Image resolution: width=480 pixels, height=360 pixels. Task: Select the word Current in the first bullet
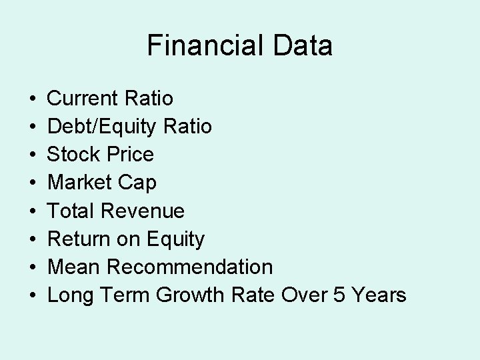(x=83, y=99)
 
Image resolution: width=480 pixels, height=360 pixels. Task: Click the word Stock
(x=73, y=155)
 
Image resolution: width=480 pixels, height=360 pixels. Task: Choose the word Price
(x=129, y=155)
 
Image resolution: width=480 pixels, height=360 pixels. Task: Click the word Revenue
(x=143, y=211)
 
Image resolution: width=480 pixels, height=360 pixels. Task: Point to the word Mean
(x=74, y=267)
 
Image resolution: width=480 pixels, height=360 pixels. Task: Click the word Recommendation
(x=189, y=267)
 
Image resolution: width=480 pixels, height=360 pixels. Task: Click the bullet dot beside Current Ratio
(x=33, y=99)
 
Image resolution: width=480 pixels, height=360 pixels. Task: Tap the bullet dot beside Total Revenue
(x=33, y=211)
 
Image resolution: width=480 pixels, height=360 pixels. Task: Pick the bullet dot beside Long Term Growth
(x=33, y=295)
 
